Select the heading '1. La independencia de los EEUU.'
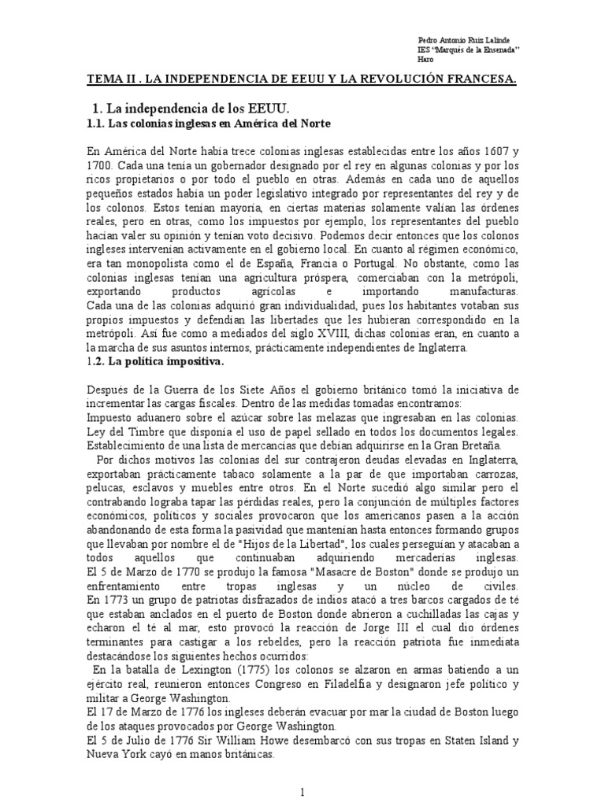204,108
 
